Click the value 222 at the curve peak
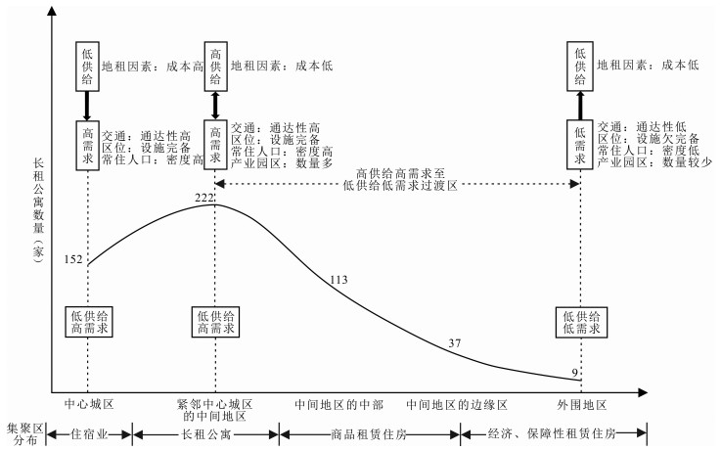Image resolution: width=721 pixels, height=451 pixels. pyautogui.click(x=204, y=197)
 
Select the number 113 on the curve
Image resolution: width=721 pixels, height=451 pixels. pyautogui.click(x=338, y=279)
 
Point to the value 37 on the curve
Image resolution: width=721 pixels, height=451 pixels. pyautogui.click(x=455, y=341)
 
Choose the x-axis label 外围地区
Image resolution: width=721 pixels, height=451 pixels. pyautogui.click(x=582, y=403)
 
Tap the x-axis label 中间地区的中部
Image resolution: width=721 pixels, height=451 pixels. pyautogui.click(x=338, y=403)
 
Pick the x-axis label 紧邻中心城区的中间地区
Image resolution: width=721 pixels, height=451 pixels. pyautogui.click(x=214, y=410)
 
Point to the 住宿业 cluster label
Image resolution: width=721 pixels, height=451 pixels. pyautogui.click(x=90, y=433)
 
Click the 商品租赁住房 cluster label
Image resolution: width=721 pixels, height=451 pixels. pyautogui.click(x=368, y=433)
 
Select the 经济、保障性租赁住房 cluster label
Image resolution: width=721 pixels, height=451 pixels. pyautogui.click(x=554, y=433)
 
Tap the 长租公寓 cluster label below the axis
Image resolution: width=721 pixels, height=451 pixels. pyautogui.click(x=206, y=433)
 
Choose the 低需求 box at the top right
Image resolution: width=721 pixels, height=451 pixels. pyautogui.click(x=582, y=141)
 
